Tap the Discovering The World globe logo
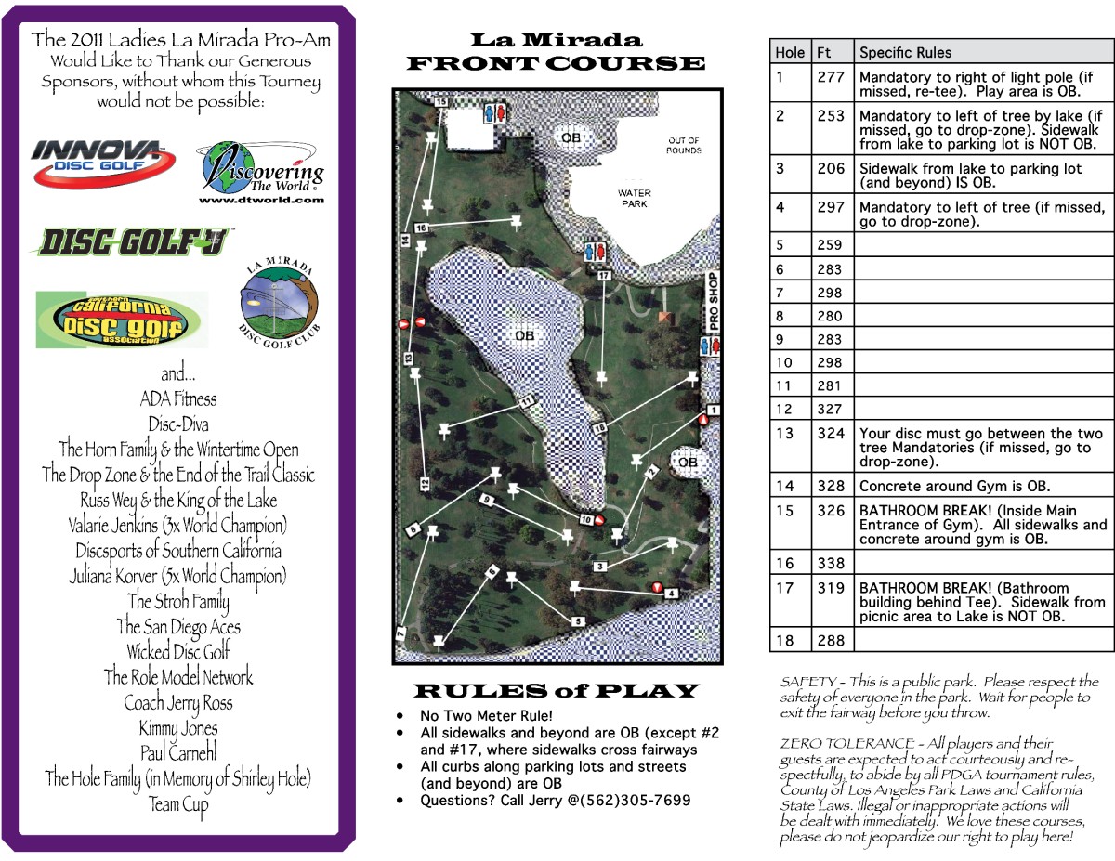coord(260,173)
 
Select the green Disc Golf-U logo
coord(130,242)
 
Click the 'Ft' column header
coord(824,53)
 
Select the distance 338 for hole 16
coord(831,563)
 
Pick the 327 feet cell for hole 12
coord(831,409)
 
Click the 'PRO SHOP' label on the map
coord(714,302)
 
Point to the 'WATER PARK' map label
coord(635,198)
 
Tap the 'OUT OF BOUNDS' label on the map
coord(684,146)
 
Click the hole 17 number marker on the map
coord(604,276)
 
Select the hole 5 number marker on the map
coord(577,621)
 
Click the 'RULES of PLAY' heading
coord(555,691)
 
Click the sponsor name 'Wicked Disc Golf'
coord(178,652)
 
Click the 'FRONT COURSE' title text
coord(556,63)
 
